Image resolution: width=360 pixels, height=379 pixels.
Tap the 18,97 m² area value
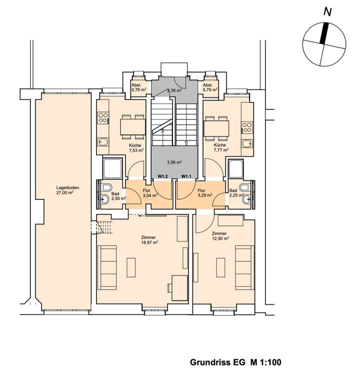click(x=150, y=242)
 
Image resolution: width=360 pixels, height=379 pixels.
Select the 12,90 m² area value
click(x=220, y=238)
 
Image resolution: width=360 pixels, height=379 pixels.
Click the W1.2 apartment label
click(x=162, y=176)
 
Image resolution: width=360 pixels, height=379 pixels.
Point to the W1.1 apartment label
click(x=186, y=176)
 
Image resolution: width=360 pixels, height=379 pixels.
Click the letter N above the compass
click(x=327, y=12)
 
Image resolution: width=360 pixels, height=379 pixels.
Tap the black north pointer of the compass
click(x=324, y=33)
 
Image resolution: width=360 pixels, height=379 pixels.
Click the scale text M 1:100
click(x=265, y=362)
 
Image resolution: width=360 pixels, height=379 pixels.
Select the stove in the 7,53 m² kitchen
click(x=103, y=118)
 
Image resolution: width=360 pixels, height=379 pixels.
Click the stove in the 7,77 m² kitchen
click(x=247, y=127)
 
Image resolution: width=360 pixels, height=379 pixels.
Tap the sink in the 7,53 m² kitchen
click(x=103, y=142)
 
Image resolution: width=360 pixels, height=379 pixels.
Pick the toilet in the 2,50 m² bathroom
click(x=106, y=187)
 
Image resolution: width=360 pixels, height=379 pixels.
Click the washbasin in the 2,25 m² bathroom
click(x=247, y=199)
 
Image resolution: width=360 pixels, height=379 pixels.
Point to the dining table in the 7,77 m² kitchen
click(x=216, y=128)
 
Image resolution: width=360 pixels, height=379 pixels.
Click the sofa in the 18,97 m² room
click(x=107, y=267)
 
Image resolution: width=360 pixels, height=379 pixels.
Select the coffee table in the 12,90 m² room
click(x=220, y=267)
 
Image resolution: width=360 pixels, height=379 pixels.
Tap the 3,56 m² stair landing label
click(x=174, y=162)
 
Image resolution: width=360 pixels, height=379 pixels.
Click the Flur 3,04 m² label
click(x=150, y=193)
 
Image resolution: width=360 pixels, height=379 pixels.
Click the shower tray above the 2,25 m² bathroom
click(x=236, y=168)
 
